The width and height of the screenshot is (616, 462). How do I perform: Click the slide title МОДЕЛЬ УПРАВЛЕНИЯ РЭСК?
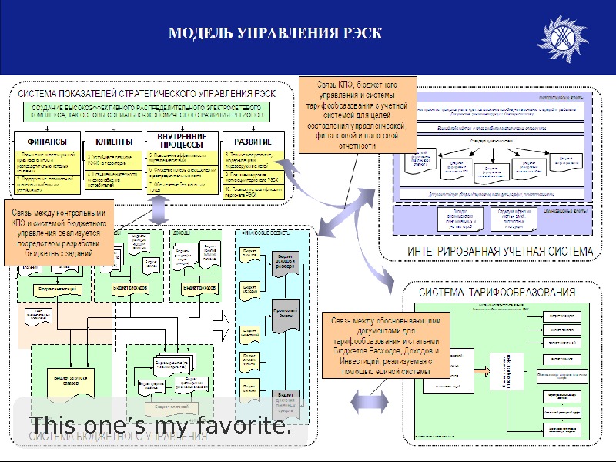pos(274,33)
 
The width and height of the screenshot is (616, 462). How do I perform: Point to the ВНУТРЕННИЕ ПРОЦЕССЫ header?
pos(180,141)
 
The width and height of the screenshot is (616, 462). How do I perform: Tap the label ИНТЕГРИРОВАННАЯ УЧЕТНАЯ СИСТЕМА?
pos(500,250)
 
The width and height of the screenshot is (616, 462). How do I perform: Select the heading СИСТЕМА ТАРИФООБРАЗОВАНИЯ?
pos(497,293)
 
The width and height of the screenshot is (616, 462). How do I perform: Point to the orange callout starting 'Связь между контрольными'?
pos(59,233)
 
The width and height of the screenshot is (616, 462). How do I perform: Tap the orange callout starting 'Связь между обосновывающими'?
pos(380,345)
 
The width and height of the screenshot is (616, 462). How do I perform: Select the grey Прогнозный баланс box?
pos(285,316)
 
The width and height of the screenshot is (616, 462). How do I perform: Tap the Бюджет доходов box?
pos(199,287)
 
